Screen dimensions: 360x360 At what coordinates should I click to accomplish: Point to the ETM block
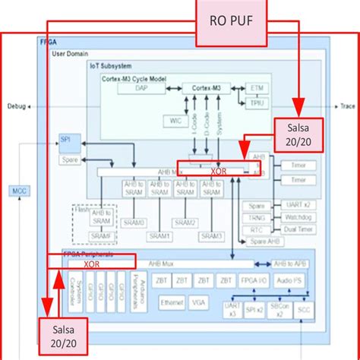click(257, 89)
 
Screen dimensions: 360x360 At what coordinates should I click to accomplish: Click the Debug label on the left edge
click(17, 107)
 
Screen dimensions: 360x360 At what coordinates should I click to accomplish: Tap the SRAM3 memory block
click(212, 237)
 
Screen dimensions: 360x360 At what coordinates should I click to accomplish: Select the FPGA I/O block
click(251, 280)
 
